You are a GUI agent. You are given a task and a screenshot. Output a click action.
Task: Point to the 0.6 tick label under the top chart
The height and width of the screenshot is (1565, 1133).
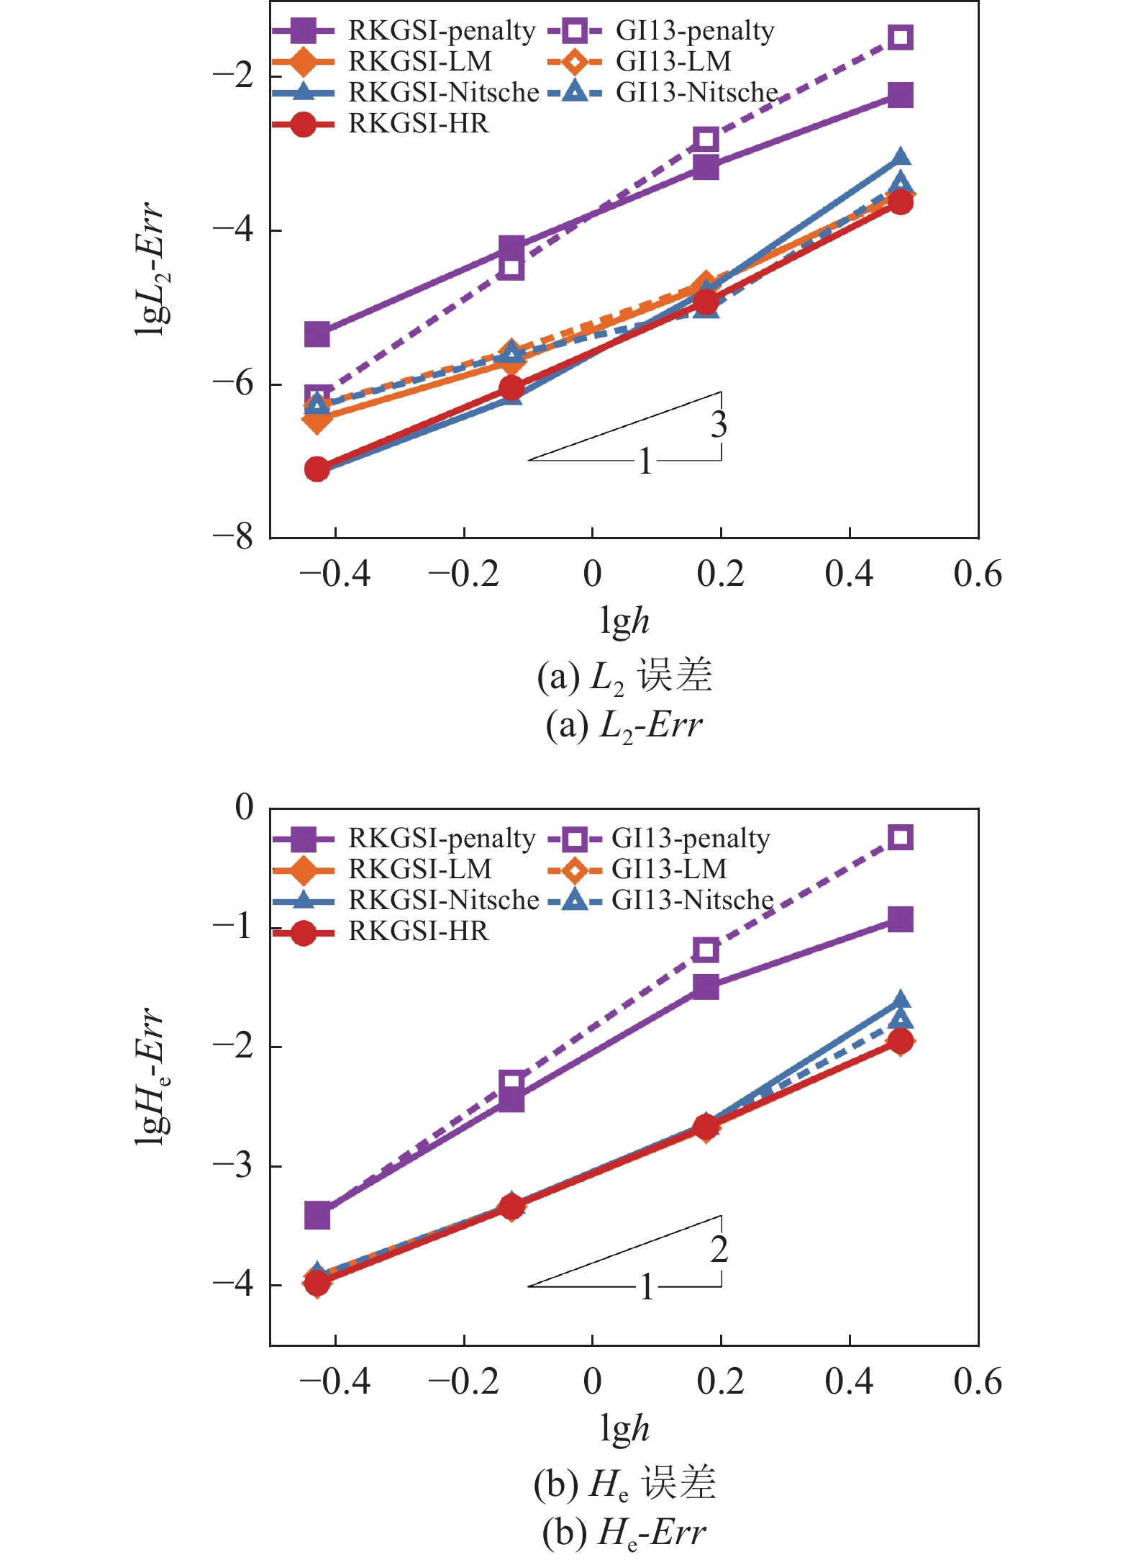(x=977, y=574)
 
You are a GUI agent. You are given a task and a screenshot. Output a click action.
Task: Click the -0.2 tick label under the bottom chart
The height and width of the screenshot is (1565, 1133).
(x=463, y=1382)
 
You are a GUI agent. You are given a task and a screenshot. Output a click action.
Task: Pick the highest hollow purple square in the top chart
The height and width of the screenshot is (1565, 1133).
(x=900, y=37)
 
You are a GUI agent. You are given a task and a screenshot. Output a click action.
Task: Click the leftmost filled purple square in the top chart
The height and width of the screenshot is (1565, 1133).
(x=317, y=335)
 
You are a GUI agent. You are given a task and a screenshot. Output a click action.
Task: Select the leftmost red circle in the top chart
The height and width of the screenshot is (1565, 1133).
(x=317, y=469)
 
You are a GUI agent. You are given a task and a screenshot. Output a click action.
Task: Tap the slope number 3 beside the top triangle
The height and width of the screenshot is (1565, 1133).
(x=719, y=425)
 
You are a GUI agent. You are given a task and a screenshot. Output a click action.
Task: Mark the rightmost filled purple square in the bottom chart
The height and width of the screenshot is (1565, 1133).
(x=900, y=919)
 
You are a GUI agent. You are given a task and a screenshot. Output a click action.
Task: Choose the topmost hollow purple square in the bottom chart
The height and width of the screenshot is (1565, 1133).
(x=900, y=838)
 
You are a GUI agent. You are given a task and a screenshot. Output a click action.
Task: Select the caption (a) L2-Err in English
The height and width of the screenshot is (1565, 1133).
(x=624, y=726)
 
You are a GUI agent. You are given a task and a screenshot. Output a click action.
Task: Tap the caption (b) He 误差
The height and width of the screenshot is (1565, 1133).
(x=624, y=1484)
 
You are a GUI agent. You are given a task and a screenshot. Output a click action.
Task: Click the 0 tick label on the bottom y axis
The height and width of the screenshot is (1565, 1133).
(x=245, y=807)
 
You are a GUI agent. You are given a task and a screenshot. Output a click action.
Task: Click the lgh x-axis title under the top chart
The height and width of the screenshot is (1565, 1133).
(x=624, y=621)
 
